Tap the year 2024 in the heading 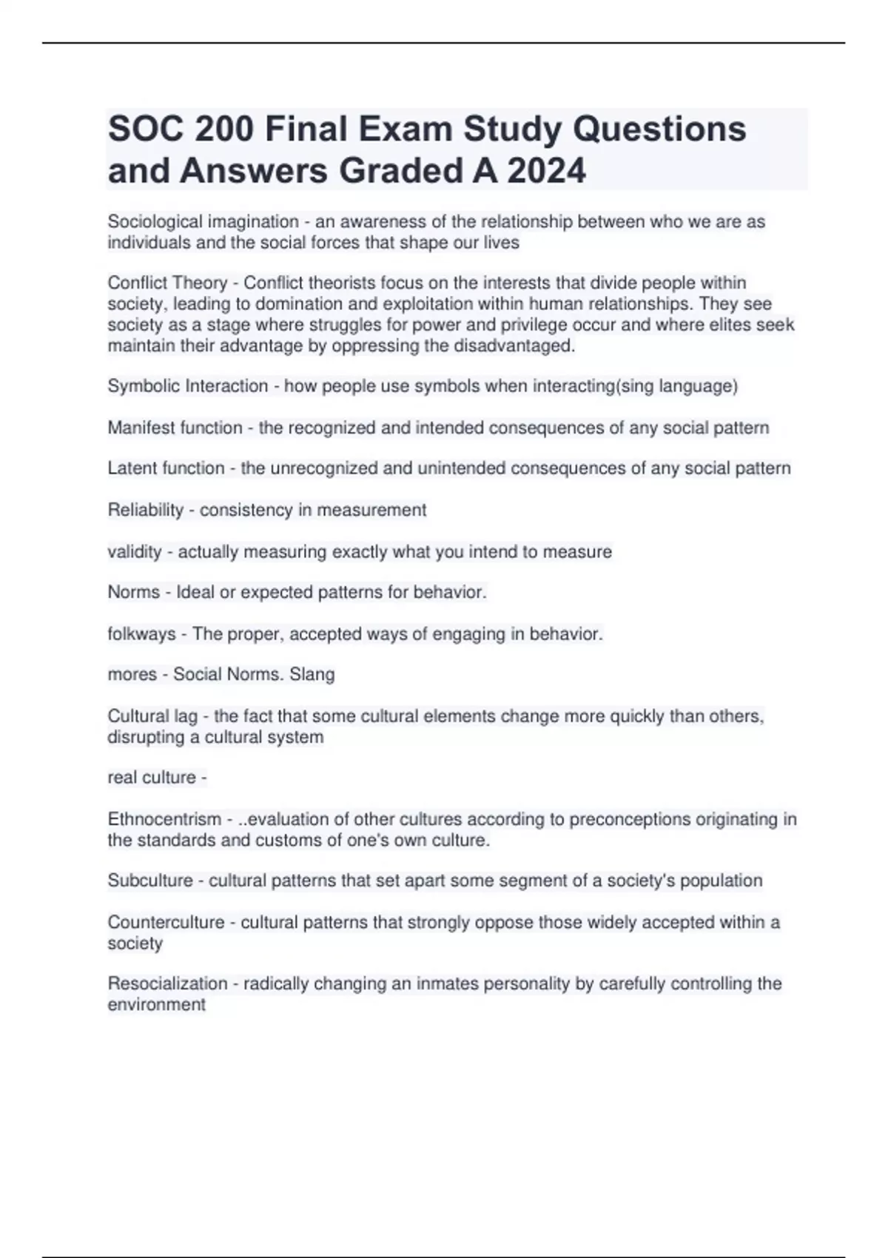[x=547, y=171]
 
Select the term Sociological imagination [x=203, y=221]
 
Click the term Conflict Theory [x=167, y=283]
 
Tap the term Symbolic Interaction [x=187, y=386]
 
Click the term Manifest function [x=175, y=428]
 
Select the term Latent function [x=166, y=468]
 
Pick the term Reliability [x=145, y=510]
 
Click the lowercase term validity [x=134, y=551]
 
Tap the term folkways [x=141, y=633]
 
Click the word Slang [x=312, y=674]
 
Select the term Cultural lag [x=152, y=716]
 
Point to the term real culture [x=152, y=777]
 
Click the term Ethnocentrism [x=164, y=819]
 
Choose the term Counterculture [x=166, y=922]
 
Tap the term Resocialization [x=167, y=983]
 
